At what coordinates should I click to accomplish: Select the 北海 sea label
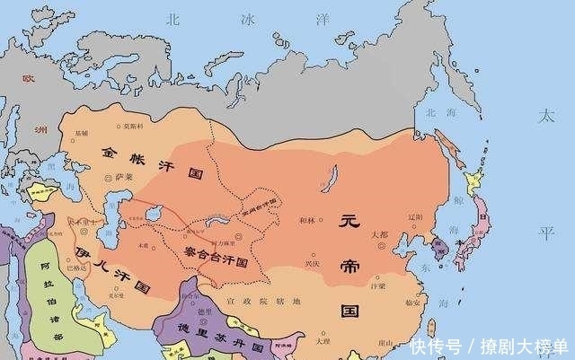coord(440,113)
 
